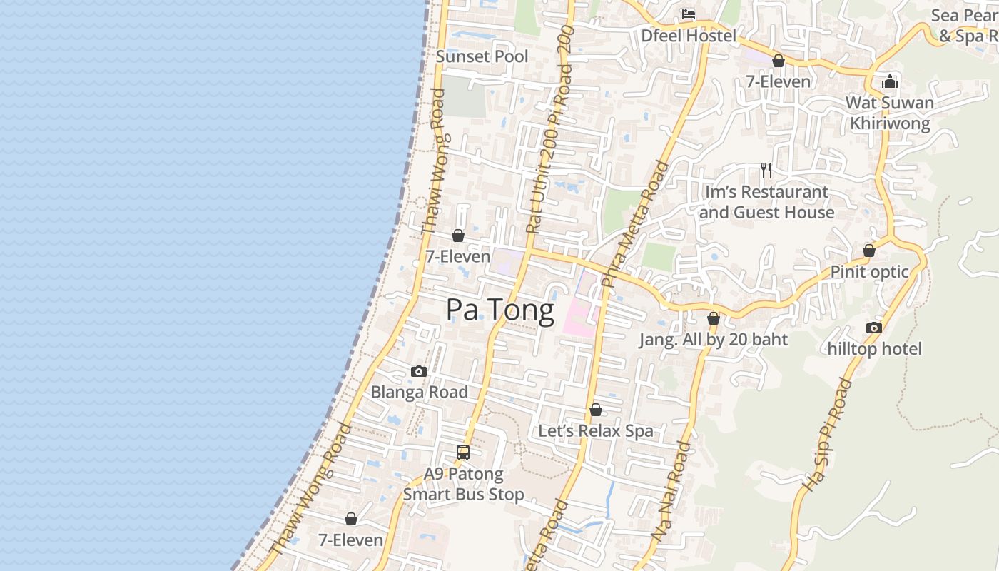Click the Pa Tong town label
click(x=499, y=310)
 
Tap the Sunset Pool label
click(x=482, y=56)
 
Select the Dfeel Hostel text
click(x=688, y=35)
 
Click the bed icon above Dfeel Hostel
click(x=688, y=14)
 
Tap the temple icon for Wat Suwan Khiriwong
click(x=889, y=81)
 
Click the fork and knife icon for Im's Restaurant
click(x=766, y=171)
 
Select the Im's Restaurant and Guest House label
click(x=766, y=202)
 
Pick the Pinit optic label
click(x=869, y=272)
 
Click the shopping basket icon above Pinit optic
click(x=869, y=251)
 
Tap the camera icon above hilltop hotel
click(x=874, y=328)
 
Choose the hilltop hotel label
click(x=874, y=349)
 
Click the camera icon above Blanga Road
click(x=419, y=371)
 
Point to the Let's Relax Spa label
click(x=595, y=431)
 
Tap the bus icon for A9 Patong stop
click(x=463, y=452)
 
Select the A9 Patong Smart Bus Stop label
click(x=463, y=484)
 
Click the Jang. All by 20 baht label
click(x=713, y=340)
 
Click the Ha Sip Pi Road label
click(x=827, y=435)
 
